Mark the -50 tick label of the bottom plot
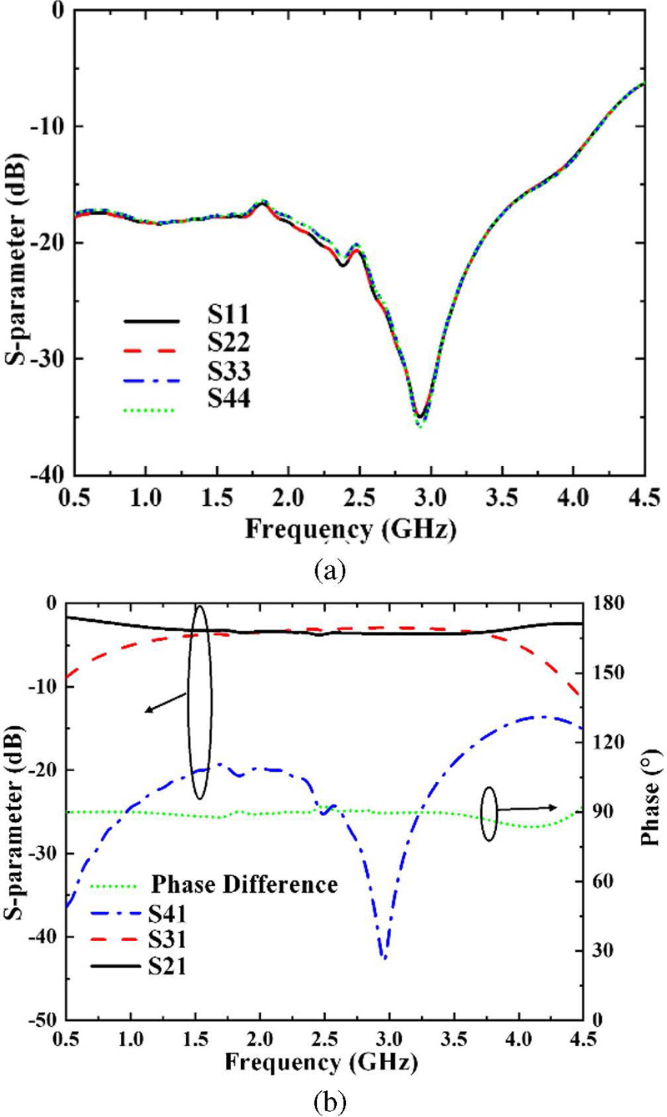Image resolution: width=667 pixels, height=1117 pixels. [41, 1020]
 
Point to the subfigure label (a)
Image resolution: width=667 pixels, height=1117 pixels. [326, 571]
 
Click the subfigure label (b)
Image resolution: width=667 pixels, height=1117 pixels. [326, 1100]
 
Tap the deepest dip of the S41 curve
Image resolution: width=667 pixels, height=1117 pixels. [384, 958]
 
